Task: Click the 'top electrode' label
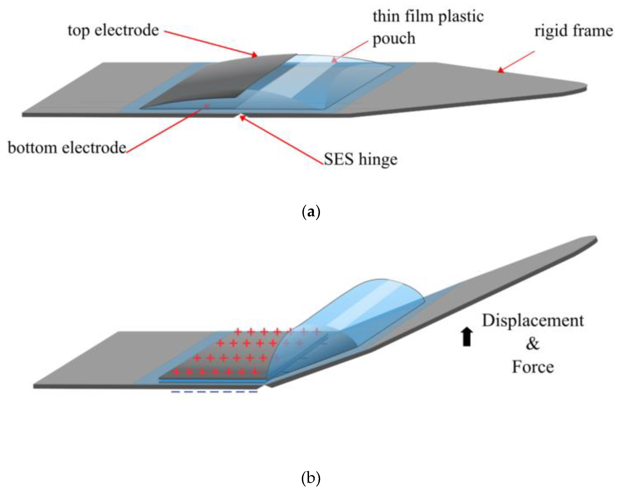click(x=113, y=31)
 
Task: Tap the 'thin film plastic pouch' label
click(x=428, y=27)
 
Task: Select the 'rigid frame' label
click(x=573, y=31)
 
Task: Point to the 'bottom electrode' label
click(x=67, y=148)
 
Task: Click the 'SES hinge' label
click(x=361, y=159)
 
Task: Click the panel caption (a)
click(x=311, y=212)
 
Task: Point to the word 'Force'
click(x=533, y=367)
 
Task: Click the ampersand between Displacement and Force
click(x=533, y=344)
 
